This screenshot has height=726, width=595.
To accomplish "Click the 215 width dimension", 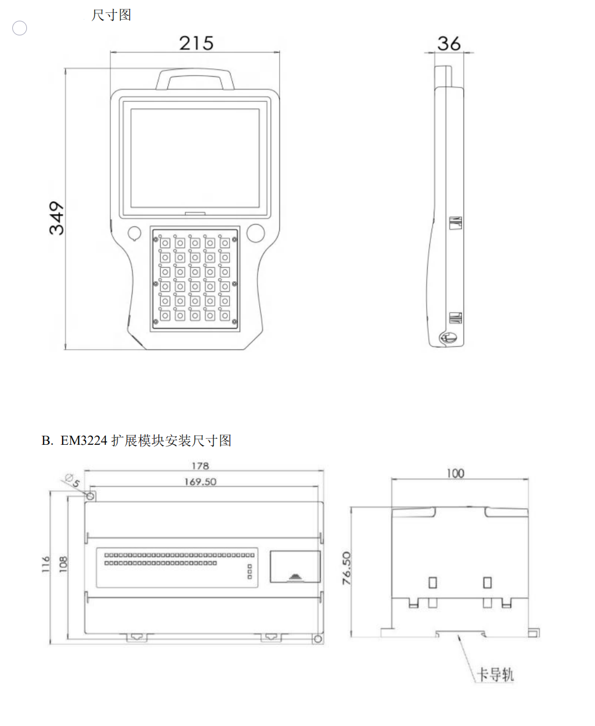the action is [196, 43].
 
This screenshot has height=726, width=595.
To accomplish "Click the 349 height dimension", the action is [57, 218].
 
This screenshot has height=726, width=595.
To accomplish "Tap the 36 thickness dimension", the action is [448, 44].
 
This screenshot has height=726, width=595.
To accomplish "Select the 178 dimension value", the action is [200, 466].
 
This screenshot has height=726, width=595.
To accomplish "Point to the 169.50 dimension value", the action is [200, 482].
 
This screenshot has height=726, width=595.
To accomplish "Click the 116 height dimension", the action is [46, 564].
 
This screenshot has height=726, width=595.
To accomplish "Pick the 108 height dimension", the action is [63, 564].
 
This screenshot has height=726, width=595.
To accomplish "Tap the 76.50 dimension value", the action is [346, 568].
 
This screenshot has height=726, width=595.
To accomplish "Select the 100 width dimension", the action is [456, 473].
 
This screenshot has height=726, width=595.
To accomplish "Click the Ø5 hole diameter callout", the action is [72, 480].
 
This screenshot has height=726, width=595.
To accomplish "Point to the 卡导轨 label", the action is [495, 674].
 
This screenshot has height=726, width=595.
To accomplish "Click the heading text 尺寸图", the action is [111, 15].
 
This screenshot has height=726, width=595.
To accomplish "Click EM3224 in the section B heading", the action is [84, 441].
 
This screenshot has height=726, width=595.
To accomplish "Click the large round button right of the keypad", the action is [256, 233].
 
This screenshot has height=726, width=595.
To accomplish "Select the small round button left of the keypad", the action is [134, 233].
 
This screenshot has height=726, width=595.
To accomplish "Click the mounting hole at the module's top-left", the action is [91, 496].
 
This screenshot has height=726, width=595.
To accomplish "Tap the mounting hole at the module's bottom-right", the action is [318, 639].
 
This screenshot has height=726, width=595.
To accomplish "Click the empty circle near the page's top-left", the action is [20, 28].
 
